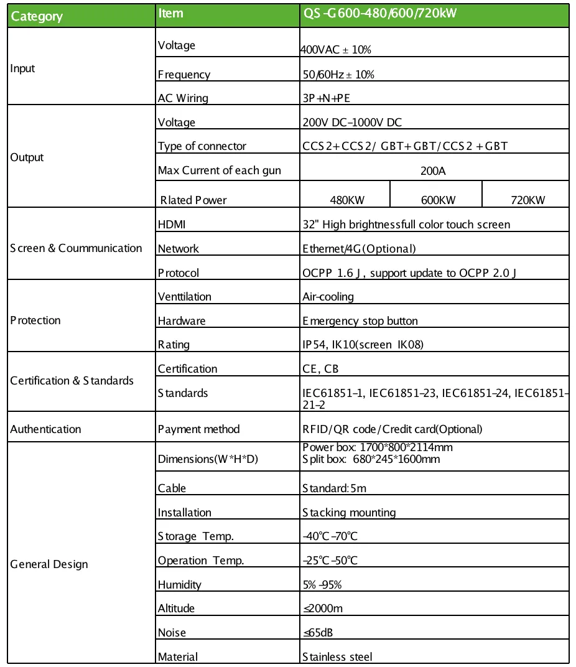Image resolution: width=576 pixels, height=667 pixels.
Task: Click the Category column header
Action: [x=37, y=16]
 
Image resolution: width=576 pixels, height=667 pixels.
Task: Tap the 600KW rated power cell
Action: [x=436, y=200]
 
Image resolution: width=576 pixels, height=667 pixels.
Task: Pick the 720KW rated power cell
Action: [x=526, y=200]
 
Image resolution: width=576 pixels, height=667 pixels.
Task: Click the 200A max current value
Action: [x=434, y=170]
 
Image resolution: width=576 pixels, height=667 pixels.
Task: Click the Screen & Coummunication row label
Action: [x=76, y=248]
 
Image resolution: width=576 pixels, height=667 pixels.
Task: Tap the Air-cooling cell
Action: [x=328, y=297]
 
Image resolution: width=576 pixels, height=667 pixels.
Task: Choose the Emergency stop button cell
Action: [x=360, y=321]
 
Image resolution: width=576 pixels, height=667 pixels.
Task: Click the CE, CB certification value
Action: [x=320, y=369]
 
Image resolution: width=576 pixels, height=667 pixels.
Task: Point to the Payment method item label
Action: [x=198, y=429]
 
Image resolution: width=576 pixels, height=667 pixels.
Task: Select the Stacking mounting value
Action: [x=349, y=513]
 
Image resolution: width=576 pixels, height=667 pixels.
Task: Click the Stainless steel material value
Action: [x=337, y=657]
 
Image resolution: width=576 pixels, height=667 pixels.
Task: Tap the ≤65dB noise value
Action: [x=318, y=633]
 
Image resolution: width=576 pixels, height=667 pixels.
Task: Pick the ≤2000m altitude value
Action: [x=322, y=609]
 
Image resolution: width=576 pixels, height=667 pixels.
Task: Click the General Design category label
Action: [x=49, y=564]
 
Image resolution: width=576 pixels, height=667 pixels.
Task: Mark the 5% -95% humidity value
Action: [x=322, y=585]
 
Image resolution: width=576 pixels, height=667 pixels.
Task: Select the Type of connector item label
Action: [x=202, y=146]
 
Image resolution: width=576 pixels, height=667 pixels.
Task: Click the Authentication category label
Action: [x=45, y=429]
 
